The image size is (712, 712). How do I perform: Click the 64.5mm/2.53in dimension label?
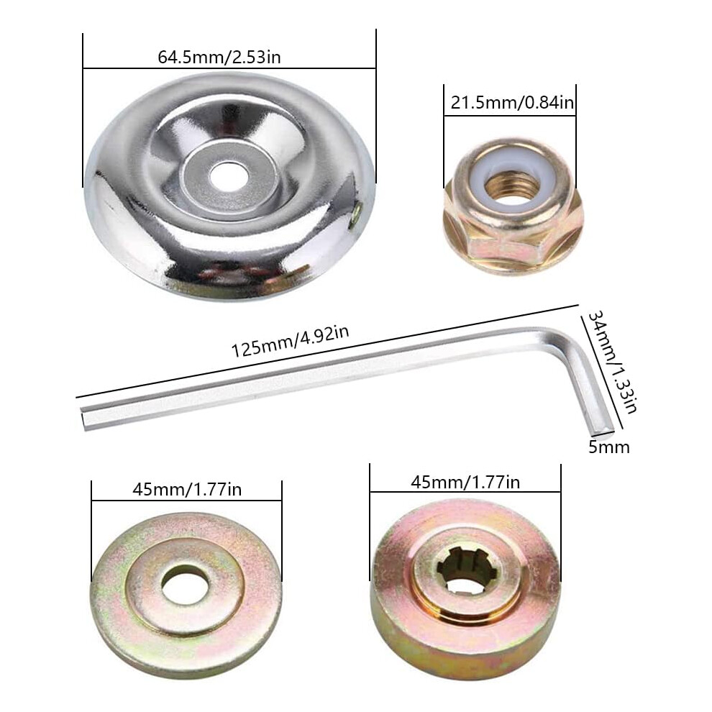(x=219, y=58)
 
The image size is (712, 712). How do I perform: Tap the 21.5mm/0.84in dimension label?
(x=512, y=103)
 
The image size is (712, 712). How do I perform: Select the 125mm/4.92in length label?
(x=290, y=341)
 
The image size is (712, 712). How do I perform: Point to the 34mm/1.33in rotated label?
(x=612, y=362)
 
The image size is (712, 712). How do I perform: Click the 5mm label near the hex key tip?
(x=609, y=447)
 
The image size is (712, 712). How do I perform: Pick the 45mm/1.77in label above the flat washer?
(x=187, y=490)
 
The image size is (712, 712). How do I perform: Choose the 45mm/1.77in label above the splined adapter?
(x=465, y=482)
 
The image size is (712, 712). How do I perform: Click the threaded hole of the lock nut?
(x=511, y=186)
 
